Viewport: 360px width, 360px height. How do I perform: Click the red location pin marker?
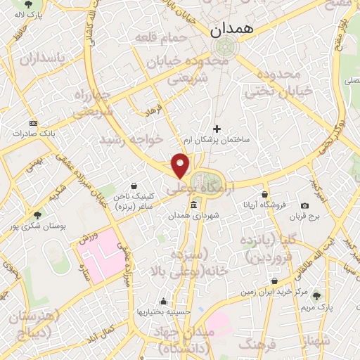181,165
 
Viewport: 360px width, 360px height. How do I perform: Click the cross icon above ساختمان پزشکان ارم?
217,129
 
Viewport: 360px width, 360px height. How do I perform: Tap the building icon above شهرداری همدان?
194,205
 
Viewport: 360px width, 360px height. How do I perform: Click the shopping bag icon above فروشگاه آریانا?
264,194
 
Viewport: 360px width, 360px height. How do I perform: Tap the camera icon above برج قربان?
304,206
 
